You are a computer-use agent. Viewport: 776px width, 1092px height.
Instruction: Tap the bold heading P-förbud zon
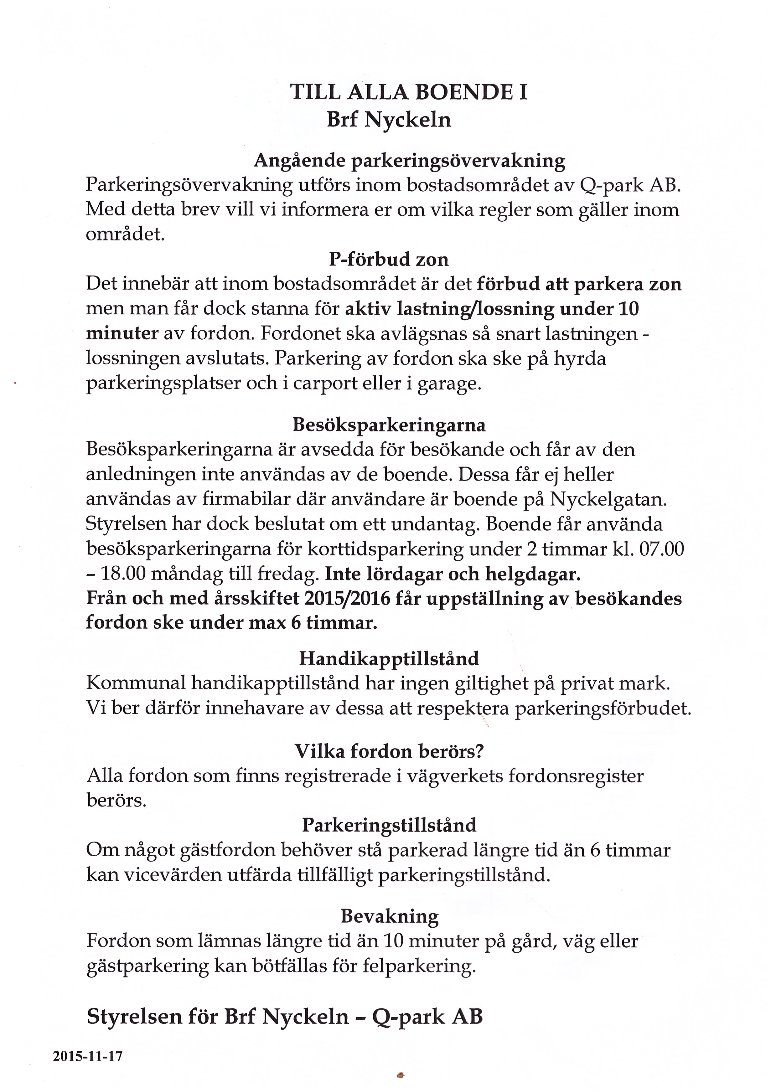(x=389, y=260)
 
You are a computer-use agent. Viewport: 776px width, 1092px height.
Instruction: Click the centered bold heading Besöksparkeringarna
(x=389, y=425)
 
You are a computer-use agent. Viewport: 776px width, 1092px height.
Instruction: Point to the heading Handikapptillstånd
(x=389, y=659)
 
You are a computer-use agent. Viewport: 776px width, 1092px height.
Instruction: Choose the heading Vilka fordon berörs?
(x=389, y=751)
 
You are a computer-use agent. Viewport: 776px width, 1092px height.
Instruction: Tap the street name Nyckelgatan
(x=607, y=500)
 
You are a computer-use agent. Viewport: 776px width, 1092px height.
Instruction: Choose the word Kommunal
(x=136, y=683)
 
